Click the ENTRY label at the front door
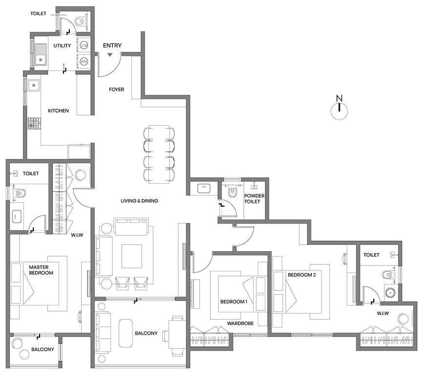[112, 45]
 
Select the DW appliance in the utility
[84, 45]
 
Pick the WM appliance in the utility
[84, 61]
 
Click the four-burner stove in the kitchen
[34, 123]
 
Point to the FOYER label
[117, 90]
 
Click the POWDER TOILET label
[254, 198]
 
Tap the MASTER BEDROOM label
[41, 270]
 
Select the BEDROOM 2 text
[301, 275]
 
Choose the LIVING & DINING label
[140, 201]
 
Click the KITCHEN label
[58, 111]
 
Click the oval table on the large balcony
[126, 333]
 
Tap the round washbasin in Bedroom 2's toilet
[390, 293]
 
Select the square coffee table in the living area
[131, 256]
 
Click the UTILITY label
[63, 46]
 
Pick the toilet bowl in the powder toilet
[232, 192]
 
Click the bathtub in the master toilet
[18, 216]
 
